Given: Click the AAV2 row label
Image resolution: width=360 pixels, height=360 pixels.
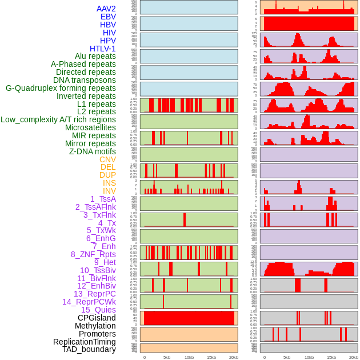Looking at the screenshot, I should coord(106,9).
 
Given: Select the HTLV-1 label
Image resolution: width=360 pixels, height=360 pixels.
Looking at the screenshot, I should coord(102,49).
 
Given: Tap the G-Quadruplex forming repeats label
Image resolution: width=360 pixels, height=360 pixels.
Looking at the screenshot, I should coord(61,88).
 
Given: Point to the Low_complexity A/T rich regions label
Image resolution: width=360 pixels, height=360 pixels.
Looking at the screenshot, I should coord(58,119).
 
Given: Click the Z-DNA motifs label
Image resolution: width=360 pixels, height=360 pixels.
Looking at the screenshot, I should coord(92,151).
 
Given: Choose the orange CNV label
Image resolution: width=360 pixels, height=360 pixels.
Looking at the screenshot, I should coord(107,159).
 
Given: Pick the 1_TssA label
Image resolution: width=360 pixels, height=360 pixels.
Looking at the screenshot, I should coord(103,199).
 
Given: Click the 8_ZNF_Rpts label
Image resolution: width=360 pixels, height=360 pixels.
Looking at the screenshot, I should coord(93,254).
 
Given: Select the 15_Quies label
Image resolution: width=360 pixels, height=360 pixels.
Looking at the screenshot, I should coord(98,310).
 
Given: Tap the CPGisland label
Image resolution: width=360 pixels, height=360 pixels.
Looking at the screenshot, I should coord(97,318).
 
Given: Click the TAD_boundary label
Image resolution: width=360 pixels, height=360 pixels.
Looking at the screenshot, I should coord(89,349).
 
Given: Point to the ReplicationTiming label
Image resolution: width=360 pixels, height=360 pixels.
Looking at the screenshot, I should coord(84,342).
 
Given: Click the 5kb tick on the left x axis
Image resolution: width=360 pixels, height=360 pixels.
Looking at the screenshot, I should coord(167,357).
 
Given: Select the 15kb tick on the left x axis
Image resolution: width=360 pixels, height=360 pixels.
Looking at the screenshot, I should coord(211,357).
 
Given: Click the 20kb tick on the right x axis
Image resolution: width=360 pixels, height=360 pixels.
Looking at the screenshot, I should coord(354,357).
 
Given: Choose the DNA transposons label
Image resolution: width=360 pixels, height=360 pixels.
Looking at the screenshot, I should coord(85,80).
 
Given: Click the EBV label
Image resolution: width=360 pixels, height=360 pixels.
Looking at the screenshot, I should coord(108,17).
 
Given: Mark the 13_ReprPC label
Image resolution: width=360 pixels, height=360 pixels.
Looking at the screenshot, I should coord(94,294).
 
